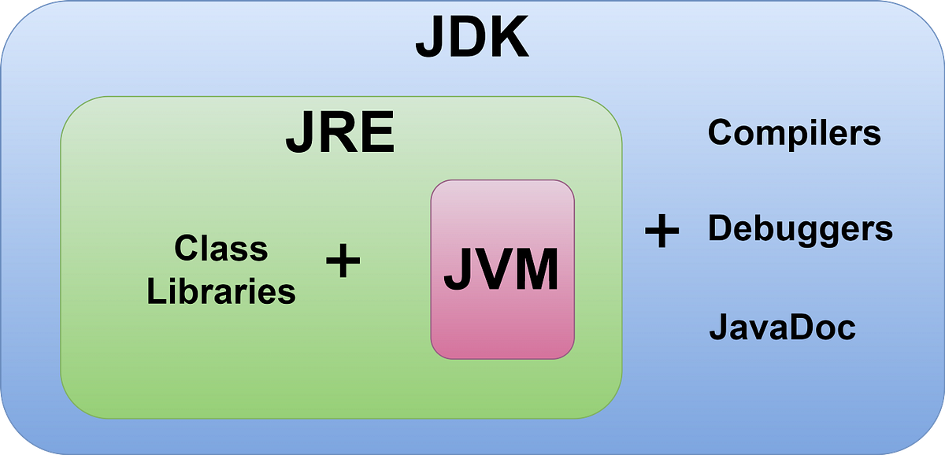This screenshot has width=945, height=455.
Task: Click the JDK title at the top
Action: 472,38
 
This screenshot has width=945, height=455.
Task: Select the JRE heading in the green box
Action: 339,135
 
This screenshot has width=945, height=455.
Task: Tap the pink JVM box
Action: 502,269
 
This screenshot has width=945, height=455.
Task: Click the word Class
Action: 221,249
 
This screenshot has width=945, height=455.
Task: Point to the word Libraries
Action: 221,292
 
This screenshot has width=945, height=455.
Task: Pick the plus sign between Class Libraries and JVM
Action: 343,261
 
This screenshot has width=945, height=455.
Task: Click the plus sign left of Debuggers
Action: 661,231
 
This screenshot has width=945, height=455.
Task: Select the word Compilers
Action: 794,132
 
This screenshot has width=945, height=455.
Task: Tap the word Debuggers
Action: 800,229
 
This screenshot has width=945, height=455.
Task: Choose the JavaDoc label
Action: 782,327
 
